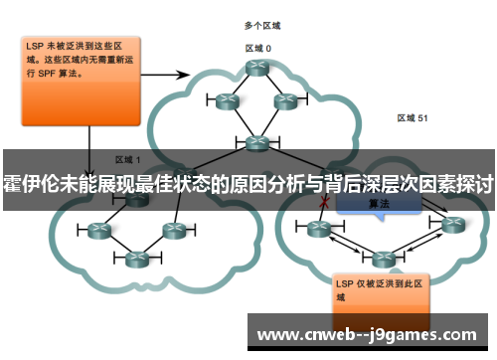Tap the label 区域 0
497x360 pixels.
click(258, 47)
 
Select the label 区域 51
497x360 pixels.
click(412, 117)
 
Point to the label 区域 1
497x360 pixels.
click(127, 159)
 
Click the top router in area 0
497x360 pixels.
click(258, 68)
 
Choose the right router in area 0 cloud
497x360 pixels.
click(285, 100)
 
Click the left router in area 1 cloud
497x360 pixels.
click(98, 231)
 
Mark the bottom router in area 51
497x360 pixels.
click(382, 259)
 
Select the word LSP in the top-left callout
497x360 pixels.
click(36, 46)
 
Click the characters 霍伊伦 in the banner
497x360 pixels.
click(31, 186)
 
